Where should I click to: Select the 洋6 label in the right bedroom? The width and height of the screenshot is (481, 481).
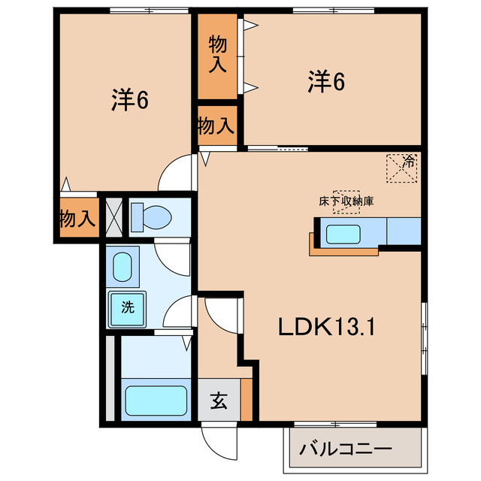326,82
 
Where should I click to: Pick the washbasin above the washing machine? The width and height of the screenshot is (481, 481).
123,266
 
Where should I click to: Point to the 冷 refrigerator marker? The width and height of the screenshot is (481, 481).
402,168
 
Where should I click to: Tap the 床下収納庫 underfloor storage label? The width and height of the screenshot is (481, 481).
346,201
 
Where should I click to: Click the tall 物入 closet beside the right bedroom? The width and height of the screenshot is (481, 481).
217,56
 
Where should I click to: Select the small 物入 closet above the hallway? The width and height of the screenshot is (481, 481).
216,126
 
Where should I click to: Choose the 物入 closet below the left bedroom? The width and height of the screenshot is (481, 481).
77,219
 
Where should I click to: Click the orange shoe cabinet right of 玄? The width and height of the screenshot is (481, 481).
247,400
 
